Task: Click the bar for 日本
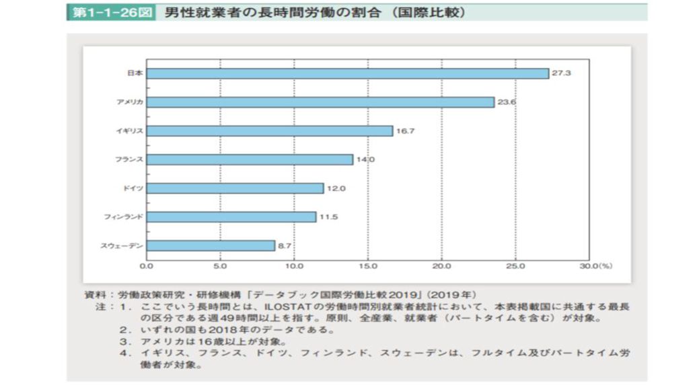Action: click(x=348, y=73)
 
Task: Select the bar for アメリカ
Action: click(x=320, y=102)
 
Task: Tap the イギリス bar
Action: click(x=270, y=131)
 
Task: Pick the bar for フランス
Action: click(x=250, y=159)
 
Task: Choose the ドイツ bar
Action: click(x=235, y=188)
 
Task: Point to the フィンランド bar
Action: click(x=231, y=217)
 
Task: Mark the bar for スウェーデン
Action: click(x=211, y=246)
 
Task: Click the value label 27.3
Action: click(x=561, y=73)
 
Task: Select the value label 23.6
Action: click(x=507, y=102)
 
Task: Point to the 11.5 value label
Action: click(x=328, y=217)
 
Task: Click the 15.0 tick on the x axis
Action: click(x=368, y=266)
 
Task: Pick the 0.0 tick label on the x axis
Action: click(x=147, y=266)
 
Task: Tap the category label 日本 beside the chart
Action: click(x=135, y=73)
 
